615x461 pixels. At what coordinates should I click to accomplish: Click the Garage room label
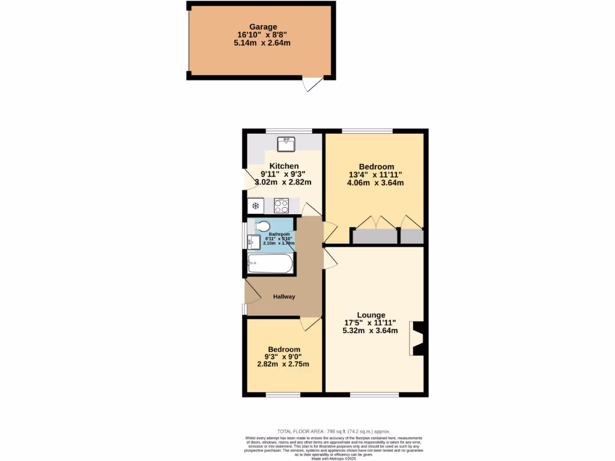tap(263, 27)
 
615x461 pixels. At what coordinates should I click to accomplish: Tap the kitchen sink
tap(286, 143)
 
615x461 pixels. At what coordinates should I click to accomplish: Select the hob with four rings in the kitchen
tap(282, 206)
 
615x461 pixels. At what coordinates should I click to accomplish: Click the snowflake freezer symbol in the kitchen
tap(255, 206)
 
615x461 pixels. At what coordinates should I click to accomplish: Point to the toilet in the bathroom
tap(262, 226)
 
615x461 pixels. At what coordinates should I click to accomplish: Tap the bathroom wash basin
tap(253, 241)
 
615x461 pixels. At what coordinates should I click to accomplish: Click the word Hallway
tap(284, 297)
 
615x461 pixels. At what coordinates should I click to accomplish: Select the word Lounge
tap(371, 315)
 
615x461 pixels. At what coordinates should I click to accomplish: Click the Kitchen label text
tap(284, 166)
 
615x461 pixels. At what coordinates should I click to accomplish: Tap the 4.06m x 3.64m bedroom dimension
tap(375, 183)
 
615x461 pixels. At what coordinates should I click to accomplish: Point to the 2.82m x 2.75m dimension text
tap(283, 364)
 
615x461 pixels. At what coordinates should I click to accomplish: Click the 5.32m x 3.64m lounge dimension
tap(369, 331)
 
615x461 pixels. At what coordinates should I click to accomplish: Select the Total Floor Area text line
tap(333, 431)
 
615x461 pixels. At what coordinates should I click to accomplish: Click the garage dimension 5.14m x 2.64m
tap(263, 43)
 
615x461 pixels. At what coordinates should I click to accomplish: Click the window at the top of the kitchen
tap(289, 131)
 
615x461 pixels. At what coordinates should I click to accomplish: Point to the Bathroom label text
tap(279, 234)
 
